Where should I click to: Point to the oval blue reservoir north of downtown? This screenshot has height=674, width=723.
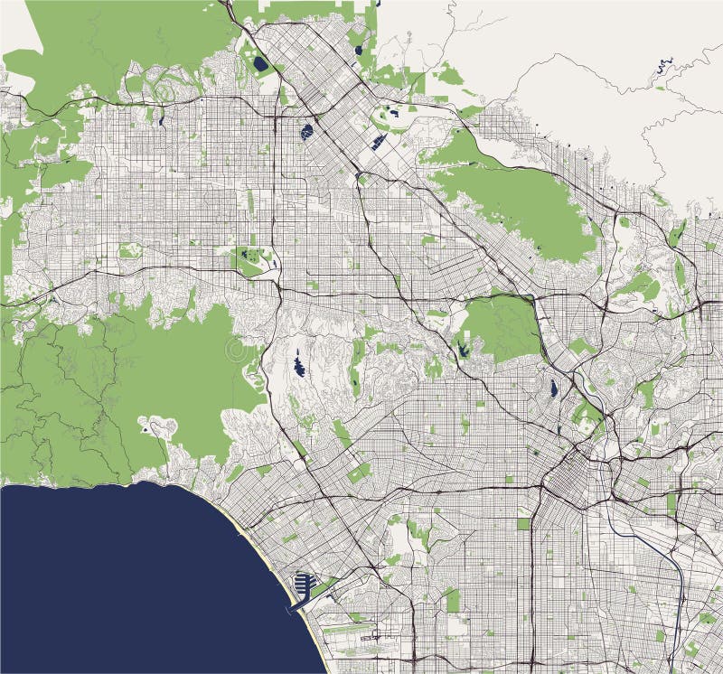point(552,389)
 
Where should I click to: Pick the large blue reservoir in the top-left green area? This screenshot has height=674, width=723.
point(261,64)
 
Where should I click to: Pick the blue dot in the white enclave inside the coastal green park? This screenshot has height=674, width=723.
point(145,430)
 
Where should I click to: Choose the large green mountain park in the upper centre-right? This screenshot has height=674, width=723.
point(515,199)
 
